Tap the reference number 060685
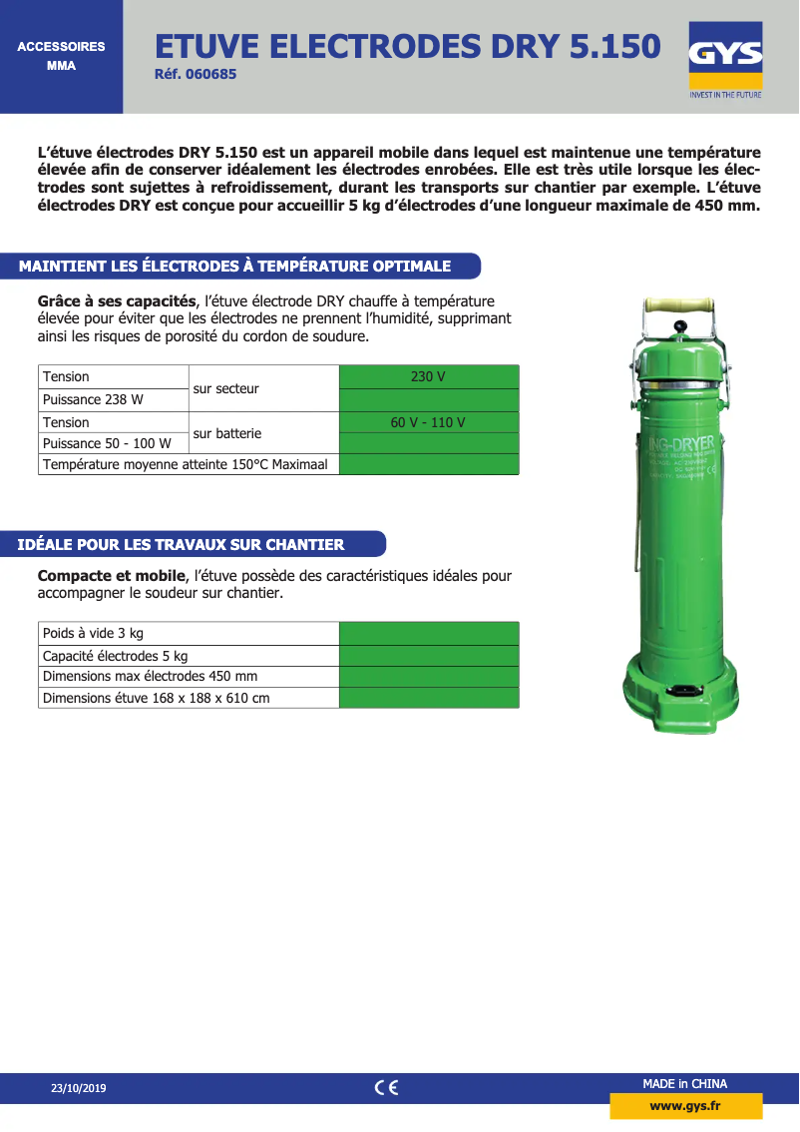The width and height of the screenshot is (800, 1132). (x=197, y=74)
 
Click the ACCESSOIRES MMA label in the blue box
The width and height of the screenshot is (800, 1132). (x=61, y=56)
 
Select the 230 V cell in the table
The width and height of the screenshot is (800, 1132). (x=428, y=376)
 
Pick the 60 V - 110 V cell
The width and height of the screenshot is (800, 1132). (x=428, y=422)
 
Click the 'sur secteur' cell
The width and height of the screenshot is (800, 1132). (x=225, y=388)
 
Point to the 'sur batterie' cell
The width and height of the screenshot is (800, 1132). (x=226, y=433)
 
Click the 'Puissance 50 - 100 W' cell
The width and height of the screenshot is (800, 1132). (x=107, y=443)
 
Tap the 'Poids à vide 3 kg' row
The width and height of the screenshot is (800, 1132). (x=94, y=633)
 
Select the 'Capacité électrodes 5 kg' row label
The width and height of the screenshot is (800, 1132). (x=116, y=656)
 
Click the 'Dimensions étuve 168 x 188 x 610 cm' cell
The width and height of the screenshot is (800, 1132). (x=157, y=698)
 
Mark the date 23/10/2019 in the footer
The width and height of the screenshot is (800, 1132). (x=78, y=1088)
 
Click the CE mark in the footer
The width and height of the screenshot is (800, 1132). (x=386, y=1088)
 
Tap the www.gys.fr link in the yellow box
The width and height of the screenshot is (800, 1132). (x=685, y=1106)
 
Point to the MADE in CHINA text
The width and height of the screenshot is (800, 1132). (x=684, y=1084)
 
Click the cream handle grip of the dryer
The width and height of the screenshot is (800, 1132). (x=678, y=304)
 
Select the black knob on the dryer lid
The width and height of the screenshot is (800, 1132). (x=680, y=326)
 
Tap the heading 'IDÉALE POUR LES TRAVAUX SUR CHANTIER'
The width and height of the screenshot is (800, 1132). (x=182, y=544)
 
